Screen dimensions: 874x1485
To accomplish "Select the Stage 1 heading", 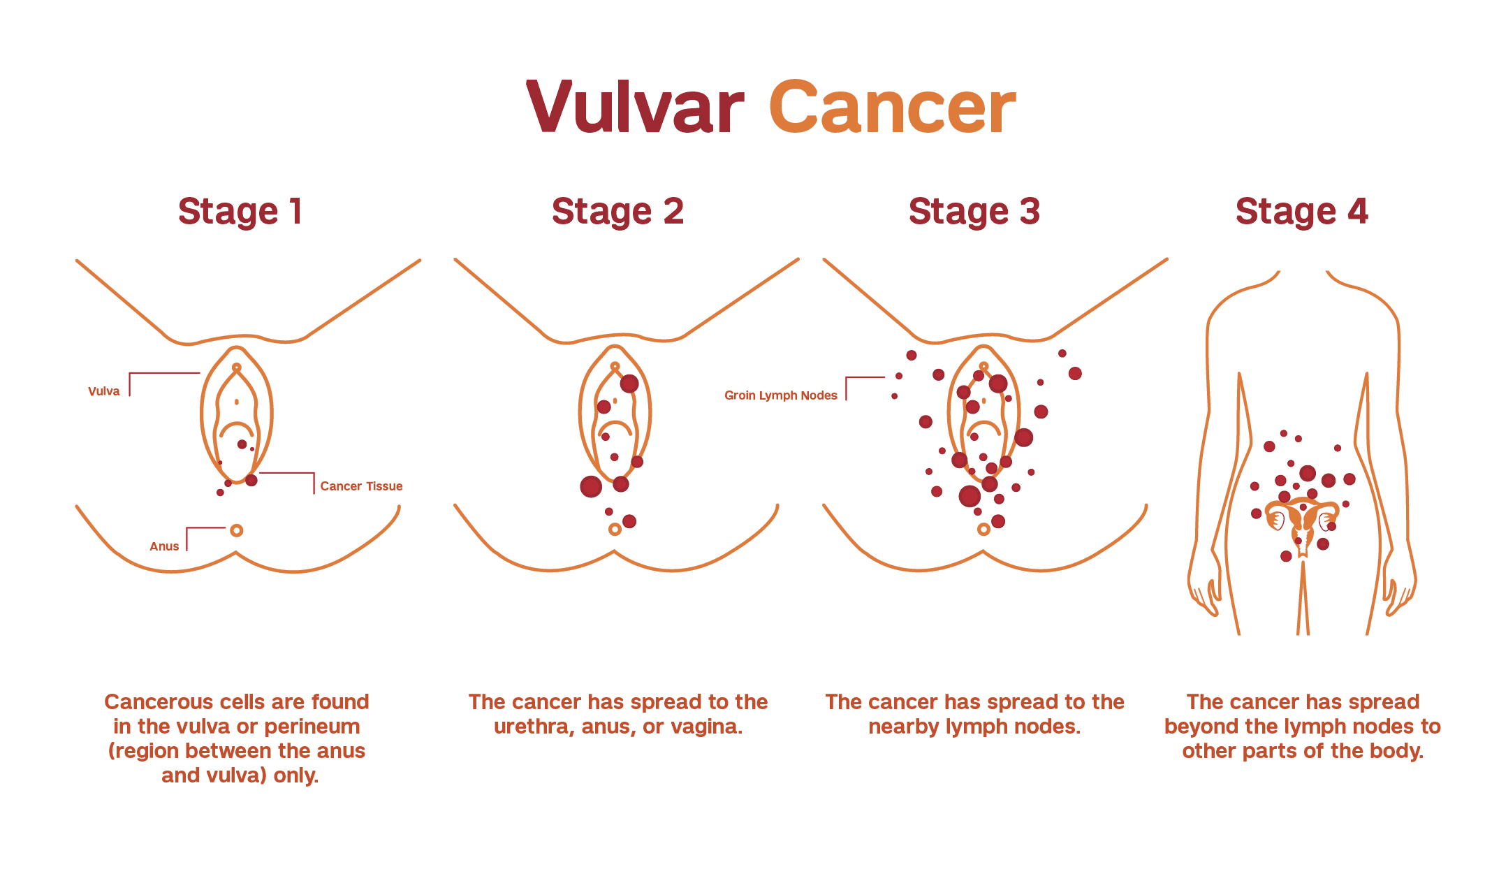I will [x=240, y=211].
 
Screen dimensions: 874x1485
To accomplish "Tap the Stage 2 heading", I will [x=617, y=211].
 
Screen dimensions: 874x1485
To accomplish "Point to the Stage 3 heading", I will [x=974, y=211].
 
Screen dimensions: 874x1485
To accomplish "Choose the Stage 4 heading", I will [x=1301, y=211].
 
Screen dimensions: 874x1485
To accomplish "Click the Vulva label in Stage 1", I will [x=104, y=391].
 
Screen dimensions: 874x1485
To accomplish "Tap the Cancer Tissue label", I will [x=361, y=486].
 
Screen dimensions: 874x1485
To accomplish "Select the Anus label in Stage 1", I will [x=164, y=546].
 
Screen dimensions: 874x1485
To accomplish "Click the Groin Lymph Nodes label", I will [x=781, y=395].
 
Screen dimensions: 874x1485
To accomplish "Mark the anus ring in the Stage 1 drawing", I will [x=237, y=530].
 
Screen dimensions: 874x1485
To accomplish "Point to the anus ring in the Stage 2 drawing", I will [x=615, y=530].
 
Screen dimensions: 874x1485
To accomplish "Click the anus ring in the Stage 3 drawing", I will [x=983, y=530].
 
